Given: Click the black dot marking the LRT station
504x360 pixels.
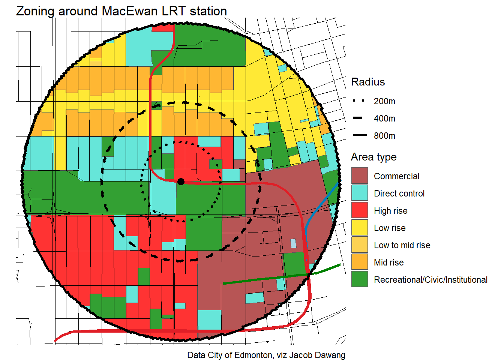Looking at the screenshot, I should (x=181, y=181).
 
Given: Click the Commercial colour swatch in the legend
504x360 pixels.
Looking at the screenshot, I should (x=360, y=176).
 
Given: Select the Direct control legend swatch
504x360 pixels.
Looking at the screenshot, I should (x=360, y=193).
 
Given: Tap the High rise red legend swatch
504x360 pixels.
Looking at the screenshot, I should (x=360, y=210).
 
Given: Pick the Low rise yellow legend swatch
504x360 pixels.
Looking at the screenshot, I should (x=360, y=228).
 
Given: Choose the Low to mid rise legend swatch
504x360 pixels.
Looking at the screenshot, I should (x=360, y=245).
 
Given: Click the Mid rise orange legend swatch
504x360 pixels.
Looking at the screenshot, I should (x=360, y=262).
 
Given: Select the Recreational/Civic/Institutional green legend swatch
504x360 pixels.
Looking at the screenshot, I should (x=360, y=279).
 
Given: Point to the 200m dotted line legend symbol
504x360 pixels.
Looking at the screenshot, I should (x=359, y=101).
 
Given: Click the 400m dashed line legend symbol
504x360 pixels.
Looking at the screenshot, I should (x=358, y=118).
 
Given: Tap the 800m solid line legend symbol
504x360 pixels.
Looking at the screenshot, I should (x=359, y=135).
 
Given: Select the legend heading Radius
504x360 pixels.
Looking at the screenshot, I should (x=368, y=82).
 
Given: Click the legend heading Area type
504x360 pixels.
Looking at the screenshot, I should (x=373, y=157).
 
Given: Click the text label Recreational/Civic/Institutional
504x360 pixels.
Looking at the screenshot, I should (x=430, y=280).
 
